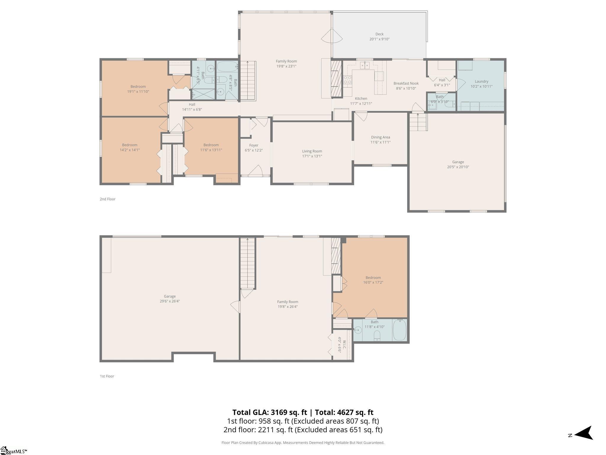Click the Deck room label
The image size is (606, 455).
pyautogui.click(x=379, y=34)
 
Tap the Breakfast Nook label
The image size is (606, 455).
pyautogui.click(x=406, y=84)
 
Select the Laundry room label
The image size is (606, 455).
pyautogui.click(x=481, y=81)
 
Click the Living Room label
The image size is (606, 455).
pyautogui.click(x=312, y=151)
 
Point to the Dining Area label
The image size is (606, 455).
pyautogui.click(x=381, y=137)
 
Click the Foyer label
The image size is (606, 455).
pyautogui.click(x=254, y=145)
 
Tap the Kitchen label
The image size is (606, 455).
pyautogui.click(x=361, y=99)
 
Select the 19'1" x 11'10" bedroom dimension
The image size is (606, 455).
pyautogui.click(x=138, y=92)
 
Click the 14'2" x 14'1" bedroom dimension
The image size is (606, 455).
pyautogui.click(x=130, y=150)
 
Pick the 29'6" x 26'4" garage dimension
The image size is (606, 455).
pyautogui.click(x=170, y=301)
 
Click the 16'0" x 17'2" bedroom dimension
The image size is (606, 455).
pyautogui.click(x=373, y=283)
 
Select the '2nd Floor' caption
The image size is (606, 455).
pyautogui.click(x=107, y=199)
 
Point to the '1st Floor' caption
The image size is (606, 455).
pyautogui.click(x=107, y=376)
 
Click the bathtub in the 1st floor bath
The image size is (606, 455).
pyautogui.click(x=399, y=330)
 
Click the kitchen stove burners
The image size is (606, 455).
pyautogui.click(x=347, y=80)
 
